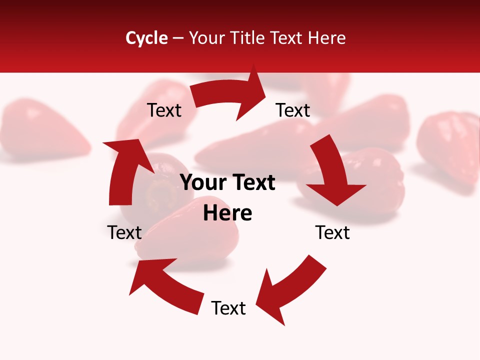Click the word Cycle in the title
pyautogui.click(x=146, y=38)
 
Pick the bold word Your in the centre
pyautogui.click(x=203, y=183)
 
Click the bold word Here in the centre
pyautogui.click(x=227, y=213)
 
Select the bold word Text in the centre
pyautogui.click(x=251, y=183)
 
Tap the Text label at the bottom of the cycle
pyautogui.click(x=228, y=308)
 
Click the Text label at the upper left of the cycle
pyautogui.click(x=164, y=110)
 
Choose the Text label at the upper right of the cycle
pyautogui.click(x=293, y=110)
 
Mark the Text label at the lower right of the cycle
pyautogui.click(x=332, y=232)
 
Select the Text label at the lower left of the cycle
pyautogui.click(x=124, y=232)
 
